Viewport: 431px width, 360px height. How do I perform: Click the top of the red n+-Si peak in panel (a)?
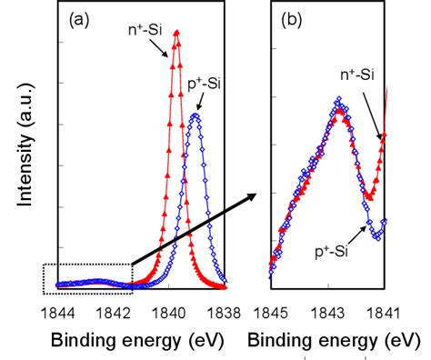pos(175,33)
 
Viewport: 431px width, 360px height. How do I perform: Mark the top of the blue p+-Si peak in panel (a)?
pos(195,115)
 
